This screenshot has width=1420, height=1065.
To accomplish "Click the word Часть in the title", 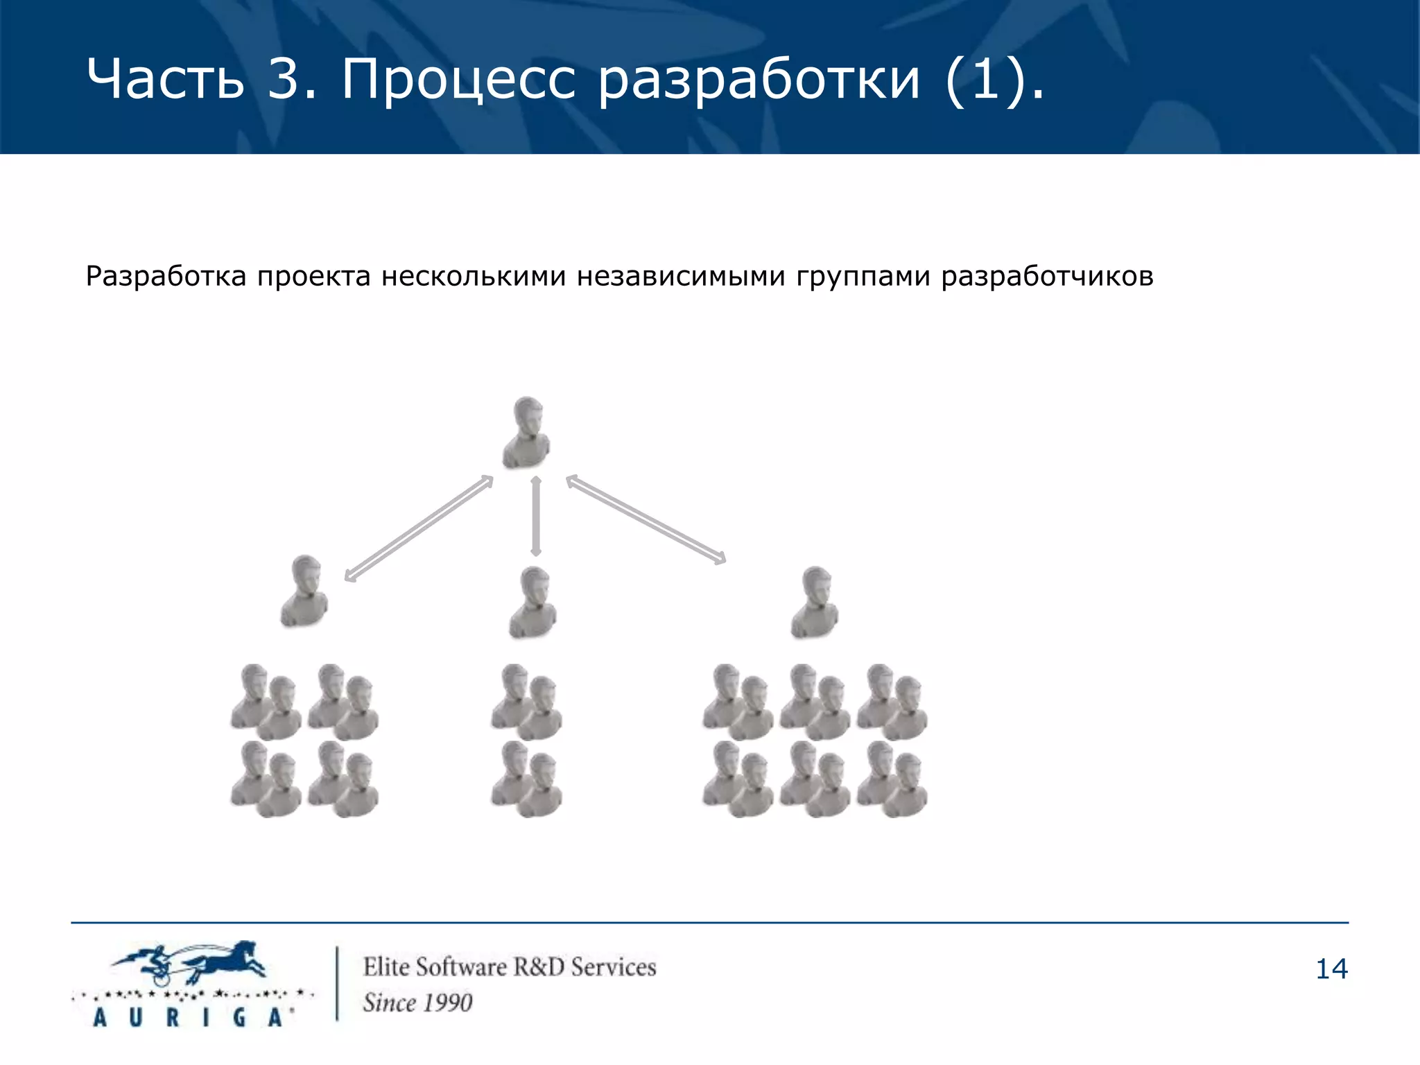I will click(x=165, y=78).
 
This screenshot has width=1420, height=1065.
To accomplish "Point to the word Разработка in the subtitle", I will click(x=166, y=277).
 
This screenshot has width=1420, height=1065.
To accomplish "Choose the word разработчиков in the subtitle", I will click(x=1047, y=277).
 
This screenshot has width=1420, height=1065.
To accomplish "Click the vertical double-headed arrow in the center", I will click(x=535, y=516).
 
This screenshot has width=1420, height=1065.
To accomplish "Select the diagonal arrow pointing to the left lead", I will click(x=419, y=528).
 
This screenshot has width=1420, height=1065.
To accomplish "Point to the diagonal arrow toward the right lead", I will click(x=646, y=519).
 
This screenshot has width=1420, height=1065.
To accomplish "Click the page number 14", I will click(x=1331, y=969).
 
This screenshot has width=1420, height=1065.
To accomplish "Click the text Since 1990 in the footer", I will click(x=417, y=1003).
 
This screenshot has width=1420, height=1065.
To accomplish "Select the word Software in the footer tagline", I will click(x=461, y=967).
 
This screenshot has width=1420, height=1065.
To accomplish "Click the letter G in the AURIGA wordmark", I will click(x=239, y=1017).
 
